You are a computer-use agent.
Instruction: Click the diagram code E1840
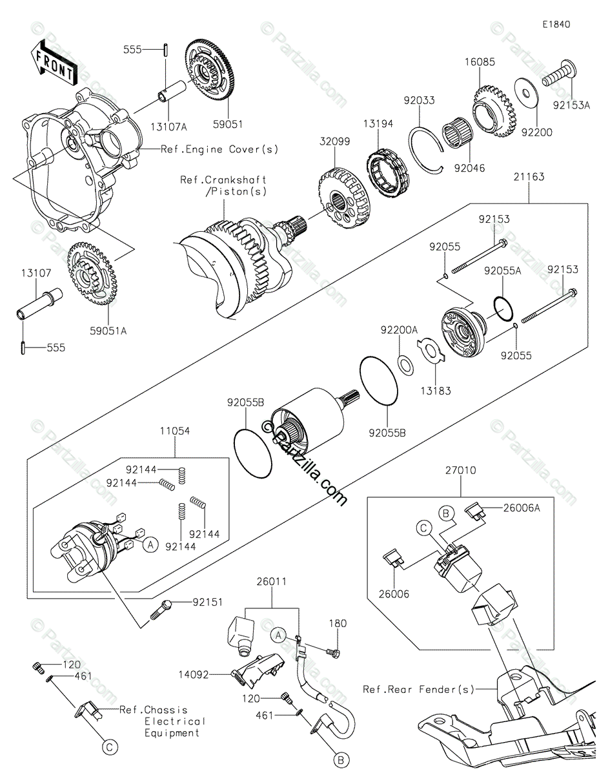point(556,25)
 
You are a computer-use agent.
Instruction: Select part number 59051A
point(110,330)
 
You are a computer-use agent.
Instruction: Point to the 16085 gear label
point(480,63)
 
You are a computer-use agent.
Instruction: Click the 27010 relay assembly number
point(460,471)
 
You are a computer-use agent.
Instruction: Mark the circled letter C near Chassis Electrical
point(110,747)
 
